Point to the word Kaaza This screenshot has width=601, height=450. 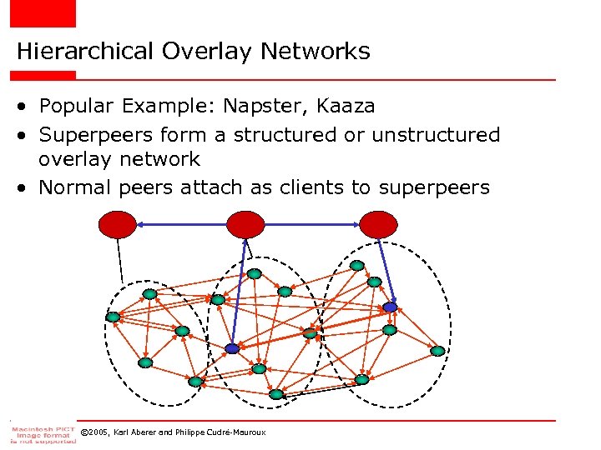click(x=345, y=107)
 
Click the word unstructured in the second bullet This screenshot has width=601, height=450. click(x=436, y=135)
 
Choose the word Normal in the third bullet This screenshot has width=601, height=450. click(x=76, y=187)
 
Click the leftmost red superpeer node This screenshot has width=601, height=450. click(x=118, y=223)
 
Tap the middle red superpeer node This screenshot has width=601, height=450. click(x=245, y=223)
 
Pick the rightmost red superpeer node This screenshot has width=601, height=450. click(x=378, y=223)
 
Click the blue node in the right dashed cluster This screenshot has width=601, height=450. click(x=390, y=307)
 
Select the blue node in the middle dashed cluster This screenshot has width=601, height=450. click(x=232, y=349)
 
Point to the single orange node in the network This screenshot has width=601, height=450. click(x=310, y=333)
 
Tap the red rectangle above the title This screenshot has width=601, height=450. click(x=42, y=13)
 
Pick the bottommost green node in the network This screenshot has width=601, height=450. click(x=276, y=394)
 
